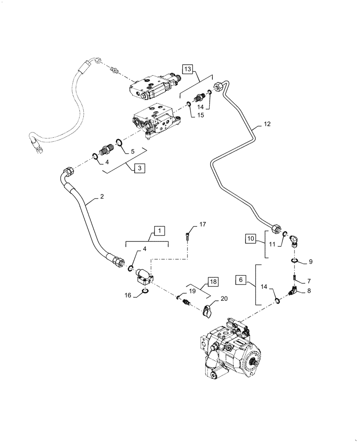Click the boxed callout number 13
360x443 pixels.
[188, 69]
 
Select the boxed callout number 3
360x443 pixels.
[140, 168]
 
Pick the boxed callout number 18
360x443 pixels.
[213, 282]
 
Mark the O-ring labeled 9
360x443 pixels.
[296, 261]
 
